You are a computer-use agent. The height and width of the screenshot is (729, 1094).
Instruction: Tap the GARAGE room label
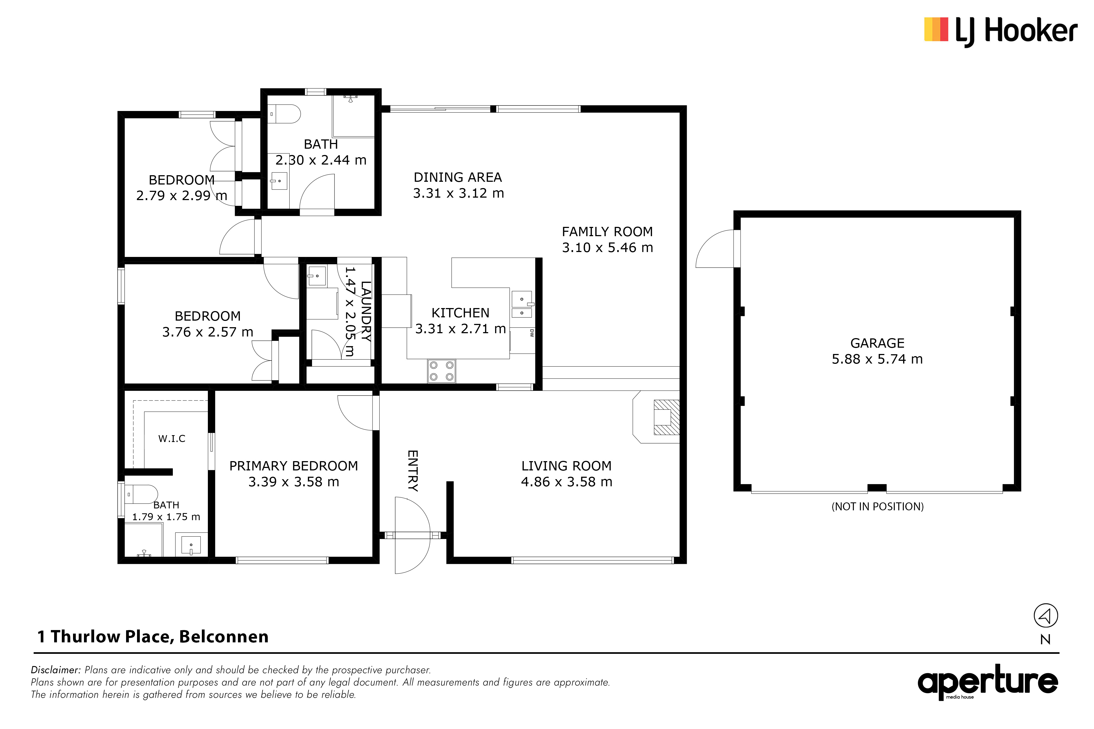(x=877, y=343)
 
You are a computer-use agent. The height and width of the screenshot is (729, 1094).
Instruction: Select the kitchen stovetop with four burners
(x=441, y=371)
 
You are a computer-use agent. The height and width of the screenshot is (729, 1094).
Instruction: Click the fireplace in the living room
(x=656, y=417)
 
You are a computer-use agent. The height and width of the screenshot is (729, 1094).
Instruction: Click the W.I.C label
(x=172, y=438)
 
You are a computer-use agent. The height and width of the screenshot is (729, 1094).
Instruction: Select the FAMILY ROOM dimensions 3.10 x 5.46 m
(x=607, y=247)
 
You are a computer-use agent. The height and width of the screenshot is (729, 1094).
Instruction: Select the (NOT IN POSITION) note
(x=877, y=506)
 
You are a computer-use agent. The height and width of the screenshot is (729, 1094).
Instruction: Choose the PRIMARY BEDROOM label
(x=293, y=466)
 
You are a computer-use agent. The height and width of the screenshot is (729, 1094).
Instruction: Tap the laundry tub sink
(x=316, y=276)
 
